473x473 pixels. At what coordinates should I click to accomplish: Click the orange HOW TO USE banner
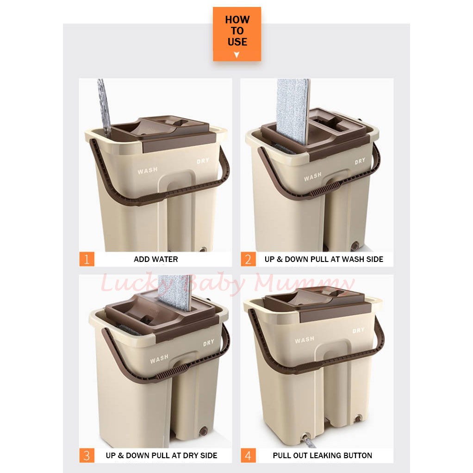tap(237, 34)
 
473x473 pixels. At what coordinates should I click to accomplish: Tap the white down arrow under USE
tap(237, 55)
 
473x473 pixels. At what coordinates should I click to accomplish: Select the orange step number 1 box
tap(87, 259)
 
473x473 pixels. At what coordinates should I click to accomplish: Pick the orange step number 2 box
tap(248, 259)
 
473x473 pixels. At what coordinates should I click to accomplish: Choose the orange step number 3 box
tap(87, 455)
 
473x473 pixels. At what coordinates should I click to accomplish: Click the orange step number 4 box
tap(248, 455)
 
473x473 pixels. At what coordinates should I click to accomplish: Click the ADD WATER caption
tap(156, 259)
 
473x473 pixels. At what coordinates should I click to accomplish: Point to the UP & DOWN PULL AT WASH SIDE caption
tap(324, 259)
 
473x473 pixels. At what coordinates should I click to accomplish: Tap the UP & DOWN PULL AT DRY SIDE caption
tap(162, 455)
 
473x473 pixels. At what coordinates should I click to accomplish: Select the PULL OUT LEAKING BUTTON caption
tap(323, 455)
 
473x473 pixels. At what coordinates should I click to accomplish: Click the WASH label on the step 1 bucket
tap(148, 171)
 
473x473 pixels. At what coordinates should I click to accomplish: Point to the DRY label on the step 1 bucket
tap(203, 161)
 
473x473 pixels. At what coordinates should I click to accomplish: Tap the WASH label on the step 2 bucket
tap(312, 177)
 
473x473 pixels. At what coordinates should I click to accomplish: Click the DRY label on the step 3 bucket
tap(208, 343)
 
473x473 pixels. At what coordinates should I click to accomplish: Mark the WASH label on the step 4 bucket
tap(305, 340)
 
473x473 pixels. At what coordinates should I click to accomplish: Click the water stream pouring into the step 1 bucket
tap(105, 107)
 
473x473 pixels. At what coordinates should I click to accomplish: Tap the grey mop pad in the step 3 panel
tap(175, 293)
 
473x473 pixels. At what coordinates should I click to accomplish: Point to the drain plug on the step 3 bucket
tap(204, 431)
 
